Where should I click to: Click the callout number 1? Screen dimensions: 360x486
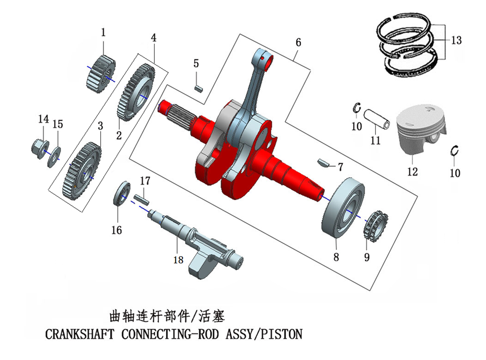[x=103, y=32]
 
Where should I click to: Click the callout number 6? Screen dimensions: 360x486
[x=298, y=42]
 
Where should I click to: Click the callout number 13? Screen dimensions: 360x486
[x=457, y=40]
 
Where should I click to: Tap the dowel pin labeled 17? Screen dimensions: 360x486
[x=141, y=198]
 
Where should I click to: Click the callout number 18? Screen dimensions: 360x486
[x=178, y=260]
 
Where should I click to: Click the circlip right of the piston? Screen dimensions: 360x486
[x=455, y=151]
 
